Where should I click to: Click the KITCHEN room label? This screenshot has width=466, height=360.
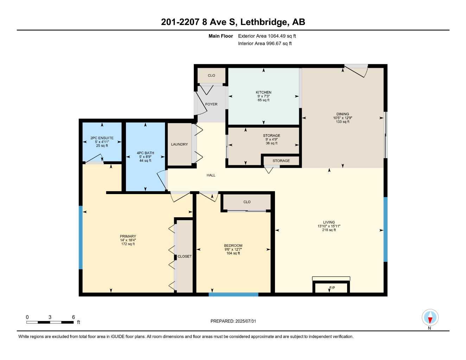pyautogui.click(x=263, y=92)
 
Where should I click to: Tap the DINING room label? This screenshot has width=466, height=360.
pyautogui.click(x=343, y=114)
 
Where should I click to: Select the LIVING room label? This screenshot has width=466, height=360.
pyautogui.click(x=329, y=222)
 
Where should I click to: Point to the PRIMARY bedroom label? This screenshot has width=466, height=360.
pyautogui.click(x=128, y=236)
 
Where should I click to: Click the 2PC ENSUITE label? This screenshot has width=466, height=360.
pyautogui.click(x=102, y=138)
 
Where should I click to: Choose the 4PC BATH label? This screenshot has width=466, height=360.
pyautogui.click(x=145, y=153)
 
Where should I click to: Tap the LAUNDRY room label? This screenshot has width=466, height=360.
pyautogui.click(x=179, y=144)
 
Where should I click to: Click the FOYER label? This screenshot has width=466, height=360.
pyautogui.click(x=211, y=104)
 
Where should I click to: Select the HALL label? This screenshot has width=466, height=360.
pyautogui.click(x=211, y=175)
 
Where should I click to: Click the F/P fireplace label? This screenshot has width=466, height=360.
pyautogui.click(x=332, y=288)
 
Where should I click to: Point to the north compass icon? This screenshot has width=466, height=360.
pyautogui.click(x=430, y=318)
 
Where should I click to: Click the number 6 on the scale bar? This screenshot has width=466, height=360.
pyautogui.click(x=74, y=317)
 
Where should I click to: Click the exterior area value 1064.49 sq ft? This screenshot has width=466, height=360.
pyautogui.click(x=282, y=36)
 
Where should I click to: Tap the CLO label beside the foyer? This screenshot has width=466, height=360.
pyautogui.click(x=211, y=76)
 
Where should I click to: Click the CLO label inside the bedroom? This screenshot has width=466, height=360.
pyautogui.click(x=247, y=202)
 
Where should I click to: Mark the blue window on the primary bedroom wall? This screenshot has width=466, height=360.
pyautogui.click(x=81, y=237)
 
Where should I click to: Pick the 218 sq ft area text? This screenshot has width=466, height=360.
pyautogui.click(x=329, y=230)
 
